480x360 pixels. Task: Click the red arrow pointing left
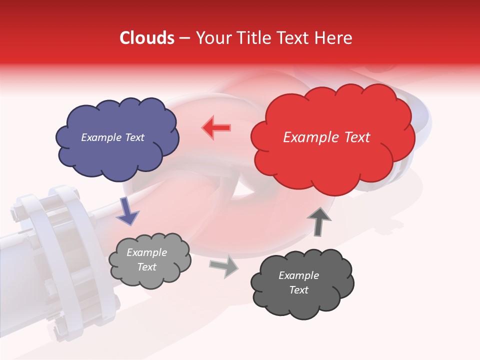216,127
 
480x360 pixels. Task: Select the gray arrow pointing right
224,265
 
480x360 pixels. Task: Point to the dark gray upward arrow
318,221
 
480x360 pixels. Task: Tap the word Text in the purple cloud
134,137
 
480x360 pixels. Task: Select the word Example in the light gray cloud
147,253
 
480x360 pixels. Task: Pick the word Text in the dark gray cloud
298,290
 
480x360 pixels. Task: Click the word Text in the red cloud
357,137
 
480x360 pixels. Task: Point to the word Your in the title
209,38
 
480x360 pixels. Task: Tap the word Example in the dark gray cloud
298,275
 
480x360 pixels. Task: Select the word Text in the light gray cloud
147,267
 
